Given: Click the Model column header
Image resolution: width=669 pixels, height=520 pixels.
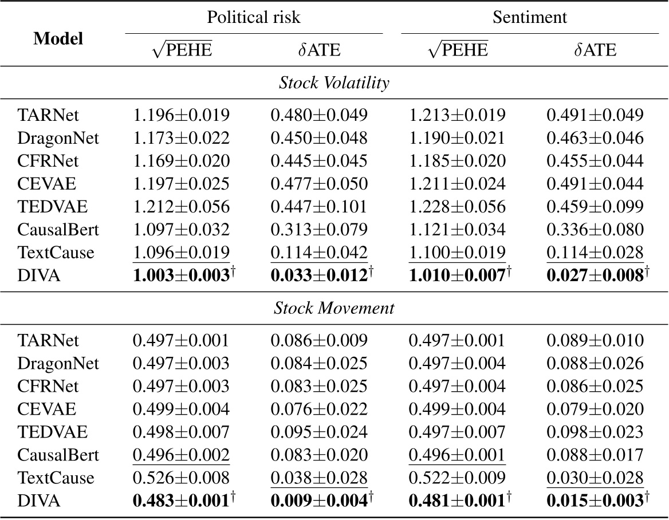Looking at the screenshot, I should pos(58,38).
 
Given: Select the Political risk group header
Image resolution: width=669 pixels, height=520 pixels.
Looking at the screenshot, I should pos(254,17).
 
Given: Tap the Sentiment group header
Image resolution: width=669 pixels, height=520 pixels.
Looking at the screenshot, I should pos(530,17).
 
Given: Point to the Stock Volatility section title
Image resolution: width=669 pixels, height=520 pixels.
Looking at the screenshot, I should pos(334,83).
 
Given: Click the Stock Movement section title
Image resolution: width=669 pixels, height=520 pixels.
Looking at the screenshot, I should pos(334,309).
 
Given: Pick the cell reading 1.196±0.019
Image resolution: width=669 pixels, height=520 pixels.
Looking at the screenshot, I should pos(181,115).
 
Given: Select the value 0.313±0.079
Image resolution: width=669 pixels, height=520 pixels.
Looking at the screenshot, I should pos(319,230).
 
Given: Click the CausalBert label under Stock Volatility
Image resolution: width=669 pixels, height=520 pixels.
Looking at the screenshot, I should pos(50,230).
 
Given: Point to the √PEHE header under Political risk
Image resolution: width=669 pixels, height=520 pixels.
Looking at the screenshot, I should pos(182,50).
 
